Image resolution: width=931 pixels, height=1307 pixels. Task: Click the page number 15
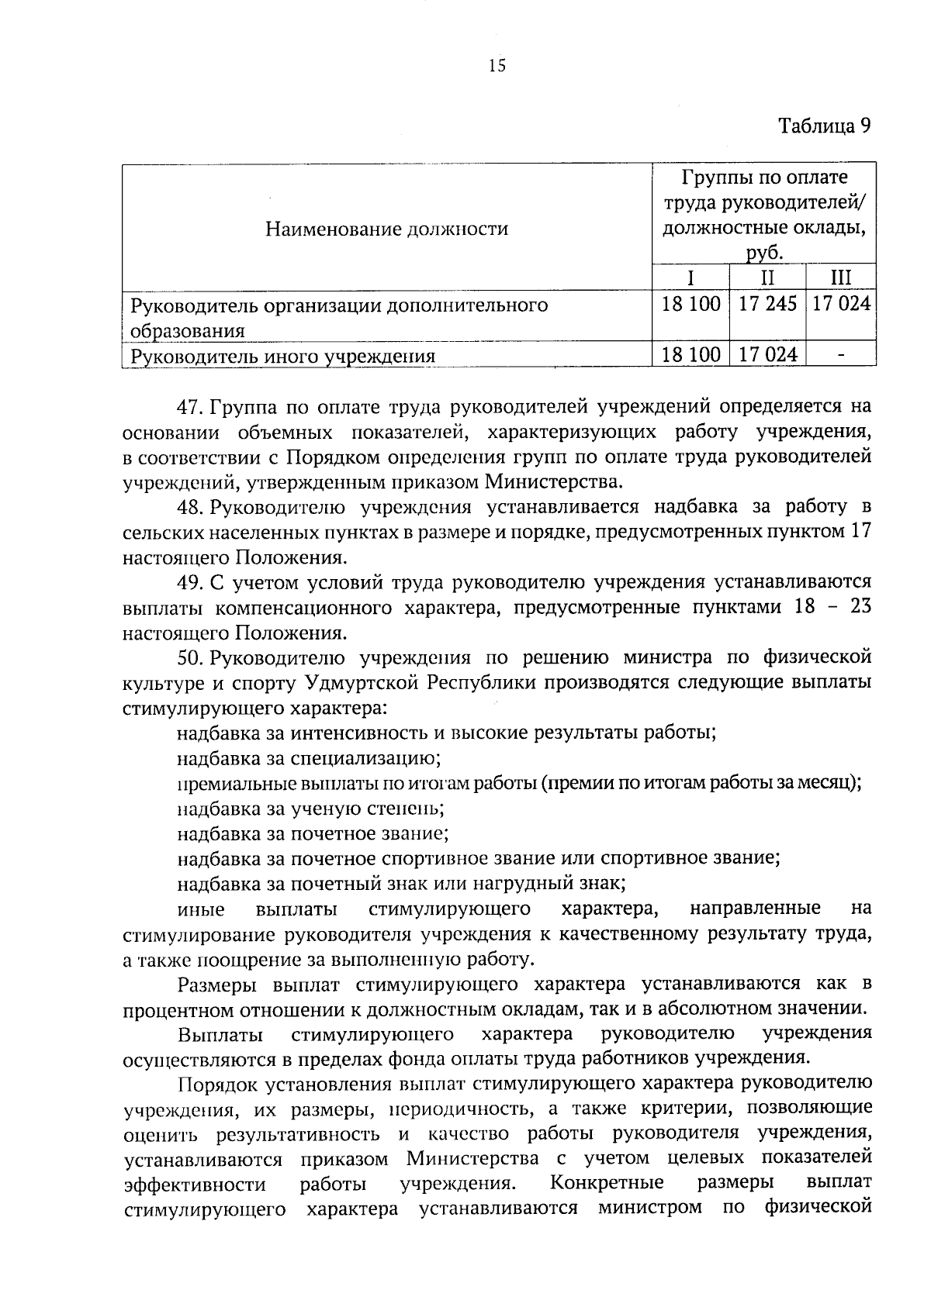(x=497, y=66)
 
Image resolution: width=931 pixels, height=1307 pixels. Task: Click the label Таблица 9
(x=825, y=127)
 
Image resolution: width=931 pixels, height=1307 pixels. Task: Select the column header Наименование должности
(x=386, y=229)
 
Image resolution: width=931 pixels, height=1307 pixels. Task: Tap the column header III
(x=840, y=278)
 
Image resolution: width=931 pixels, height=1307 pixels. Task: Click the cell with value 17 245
(x=767, y=304)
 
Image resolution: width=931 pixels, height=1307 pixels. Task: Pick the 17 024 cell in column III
(x=841, y=304)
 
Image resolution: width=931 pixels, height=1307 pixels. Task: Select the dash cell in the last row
(x=840, y=355)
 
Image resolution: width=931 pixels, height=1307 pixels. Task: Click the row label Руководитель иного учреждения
(x=282, y=357)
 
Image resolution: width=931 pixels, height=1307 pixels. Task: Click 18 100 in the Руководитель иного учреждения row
(x=690, y=355)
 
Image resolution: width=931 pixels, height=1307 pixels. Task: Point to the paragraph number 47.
(x=189, y=406)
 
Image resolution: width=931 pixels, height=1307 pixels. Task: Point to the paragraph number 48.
(x=189, y=507)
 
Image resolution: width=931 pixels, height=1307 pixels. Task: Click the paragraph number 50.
(x=189, y=657)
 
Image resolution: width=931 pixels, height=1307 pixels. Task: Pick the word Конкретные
(x=607, y=1183)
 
